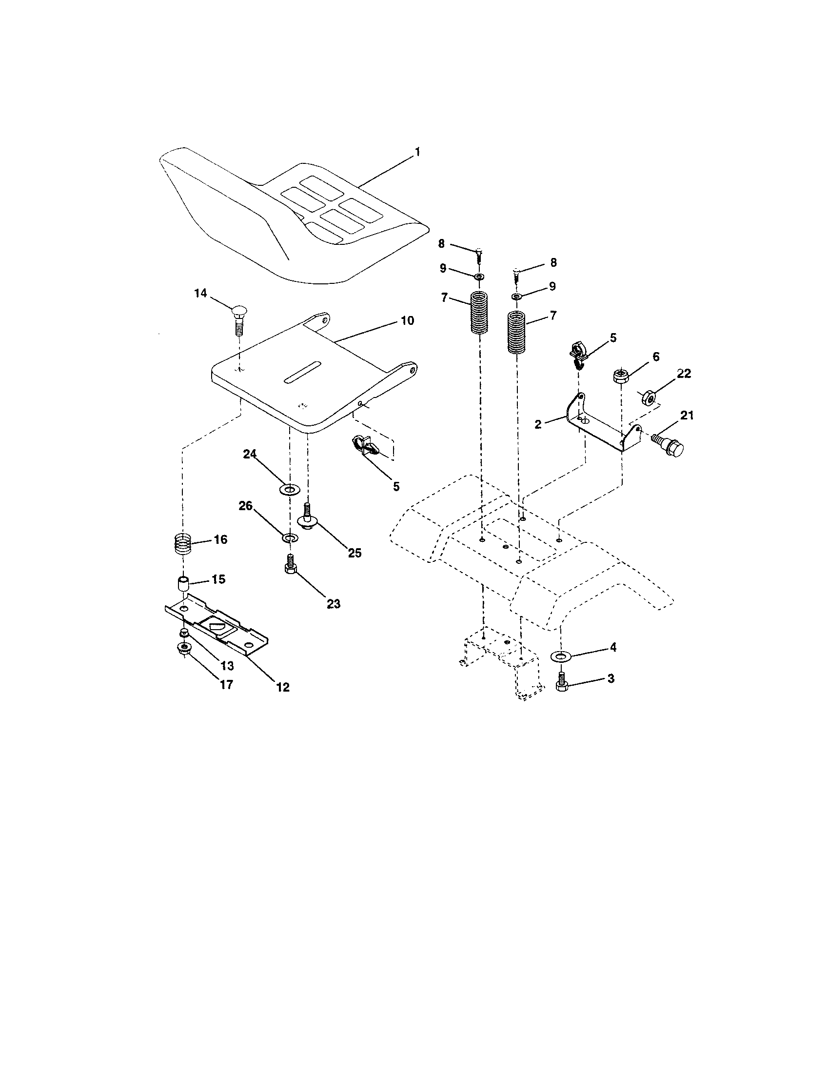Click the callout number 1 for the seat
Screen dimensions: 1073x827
point(417,152)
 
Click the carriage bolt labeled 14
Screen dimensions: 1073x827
point(238,319)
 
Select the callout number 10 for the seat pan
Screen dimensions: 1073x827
point(407,321)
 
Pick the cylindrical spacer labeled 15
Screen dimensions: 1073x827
point(183,585)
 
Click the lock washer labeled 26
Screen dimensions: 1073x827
point(289,537)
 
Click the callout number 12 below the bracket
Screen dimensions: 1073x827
point(283,687)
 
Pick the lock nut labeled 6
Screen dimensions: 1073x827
point(621,377)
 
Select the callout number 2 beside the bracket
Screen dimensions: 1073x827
point(538,424)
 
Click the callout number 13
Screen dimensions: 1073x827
point(227,666)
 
